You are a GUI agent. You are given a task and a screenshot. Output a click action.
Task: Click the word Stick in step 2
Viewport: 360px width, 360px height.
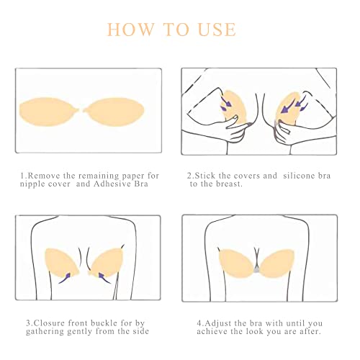click(x=206, y=176)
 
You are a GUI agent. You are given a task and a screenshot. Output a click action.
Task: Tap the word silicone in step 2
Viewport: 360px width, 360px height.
click(x=293, y=176)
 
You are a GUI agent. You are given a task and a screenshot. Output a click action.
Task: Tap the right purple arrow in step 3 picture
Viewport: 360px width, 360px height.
click(x=99, y=274)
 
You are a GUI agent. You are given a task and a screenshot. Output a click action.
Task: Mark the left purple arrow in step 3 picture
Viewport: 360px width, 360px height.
click(x=66, y=274)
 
